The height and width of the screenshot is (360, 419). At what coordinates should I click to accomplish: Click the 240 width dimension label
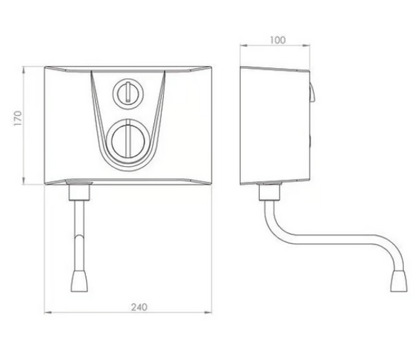click(x=139, y=307)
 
